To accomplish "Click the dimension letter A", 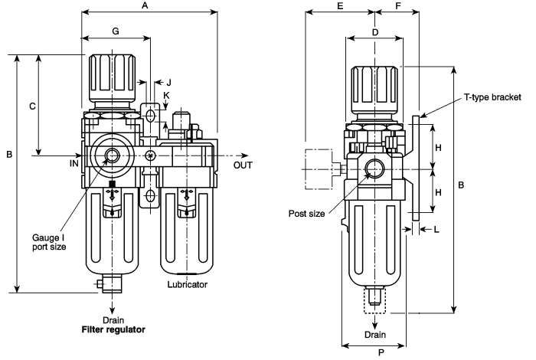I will [x=145, y=5].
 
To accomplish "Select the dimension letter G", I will [x=115, y=31].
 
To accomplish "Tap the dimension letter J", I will [x=168, y=82].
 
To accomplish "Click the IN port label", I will [x=74, y=163].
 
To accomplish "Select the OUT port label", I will [x=243, y=163].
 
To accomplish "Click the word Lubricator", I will [x=188, y=284].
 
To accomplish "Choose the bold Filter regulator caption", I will [x=113, y=330].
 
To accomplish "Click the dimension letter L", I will [x=437, y=229].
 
